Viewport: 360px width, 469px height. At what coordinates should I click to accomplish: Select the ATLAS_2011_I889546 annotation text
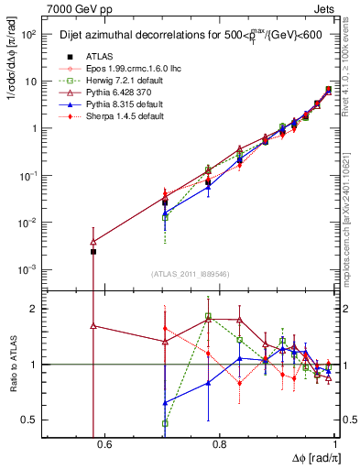pos(190,273)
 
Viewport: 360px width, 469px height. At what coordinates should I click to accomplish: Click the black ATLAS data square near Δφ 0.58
pos(93,251)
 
